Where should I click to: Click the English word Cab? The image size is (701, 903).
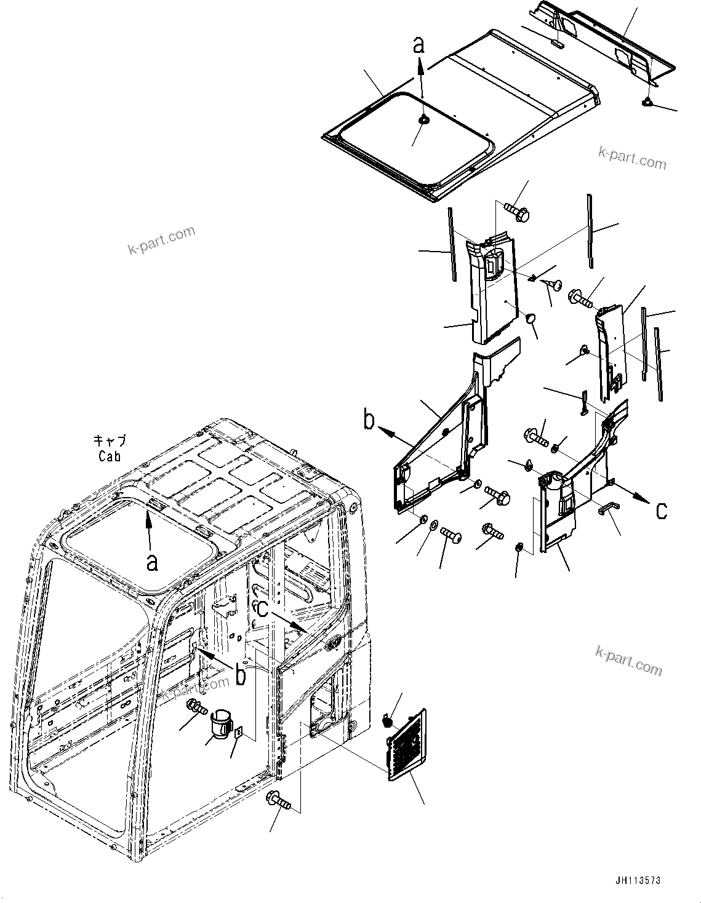tap(110, 456)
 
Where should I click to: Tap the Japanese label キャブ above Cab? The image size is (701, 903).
tap(110, 440)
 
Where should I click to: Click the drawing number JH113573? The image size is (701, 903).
tap(636, 880)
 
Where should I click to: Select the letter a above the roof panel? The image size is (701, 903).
tap(419, 45)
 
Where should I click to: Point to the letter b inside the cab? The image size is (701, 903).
tap(241, 675)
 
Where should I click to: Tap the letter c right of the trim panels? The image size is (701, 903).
tap(661, 510)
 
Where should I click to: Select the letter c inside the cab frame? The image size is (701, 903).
tap(263, 609)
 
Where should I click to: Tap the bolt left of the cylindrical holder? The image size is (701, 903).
tap(196, 709)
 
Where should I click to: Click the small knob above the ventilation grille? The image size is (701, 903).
tap(388, 720)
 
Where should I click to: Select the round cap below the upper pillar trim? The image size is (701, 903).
tap(531, 318)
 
